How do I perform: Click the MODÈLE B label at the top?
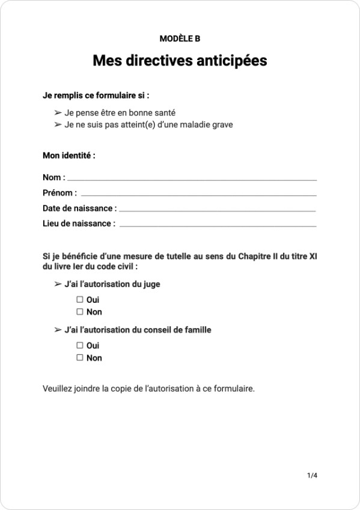point(180,38)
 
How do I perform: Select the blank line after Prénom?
point(198,195)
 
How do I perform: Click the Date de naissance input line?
point(217,210)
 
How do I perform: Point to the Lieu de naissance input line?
point(218,225)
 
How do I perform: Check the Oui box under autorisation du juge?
point(79,299)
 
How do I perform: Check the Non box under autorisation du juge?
point(79,312)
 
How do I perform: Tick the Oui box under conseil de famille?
point(79,345)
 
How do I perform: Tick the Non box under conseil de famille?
point(79,358)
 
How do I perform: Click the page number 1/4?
point(312,476)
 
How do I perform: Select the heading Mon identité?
point(69,156)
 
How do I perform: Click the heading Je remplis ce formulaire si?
point(96,95)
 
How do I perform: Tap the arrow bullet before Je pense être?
point(58,112)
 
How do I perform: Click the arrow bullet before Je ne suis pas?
point(58,125)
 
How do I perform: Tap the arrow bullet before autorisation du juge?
point(58,284)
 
